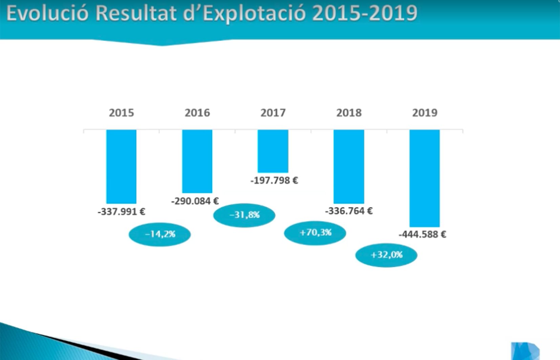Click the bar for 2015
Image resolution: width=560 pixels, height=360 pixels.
coord(121,166)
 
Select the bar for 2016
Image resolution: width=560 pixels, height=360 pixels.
coord(197,161)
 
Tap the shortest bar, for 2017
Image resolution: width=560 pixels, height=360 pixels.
coord(273,151)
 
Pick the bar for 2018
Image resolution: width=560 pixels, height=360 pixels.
coord(349,166)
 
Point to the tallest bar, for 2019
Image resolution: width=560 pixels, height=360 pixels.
coord(425,178)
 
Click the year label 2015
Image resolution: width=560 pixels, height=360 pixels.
coord(121,113)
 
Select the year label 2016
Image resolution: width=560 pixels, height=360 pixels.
coord(197,113)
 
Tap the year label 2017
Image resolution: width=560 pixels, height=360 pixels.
coord(273,113)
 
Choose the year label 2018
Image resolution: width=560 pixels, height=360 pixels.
coord(349,113)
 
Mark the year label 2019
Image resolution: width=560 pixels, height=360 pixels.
coord(425,113)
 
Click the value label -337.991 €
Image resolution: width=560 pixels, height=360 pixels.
coord(121,212)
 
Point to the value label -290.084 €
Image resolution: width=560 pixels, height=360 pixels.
coord(195,201)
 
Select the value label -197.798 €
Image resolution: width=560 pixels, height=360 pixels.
coord(274,181)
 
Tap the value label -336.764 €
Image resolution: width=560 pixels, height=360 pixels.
coord(349,211)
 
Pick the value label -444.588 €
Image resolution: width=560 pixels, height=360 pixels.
coord(422,234)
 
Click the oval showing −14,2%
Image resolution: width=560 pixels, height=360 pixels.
coord(160,234)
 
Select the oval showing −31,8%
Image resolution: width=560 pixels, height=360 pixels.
coord(244,215)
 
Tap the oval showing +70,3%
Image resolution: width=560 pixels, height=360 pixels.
coord(315,233)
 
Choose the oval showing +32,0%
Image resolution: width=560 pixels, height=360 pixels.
coord(386,255)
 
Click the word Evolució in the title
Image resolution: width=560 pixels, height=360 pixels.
coord(47,14)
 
